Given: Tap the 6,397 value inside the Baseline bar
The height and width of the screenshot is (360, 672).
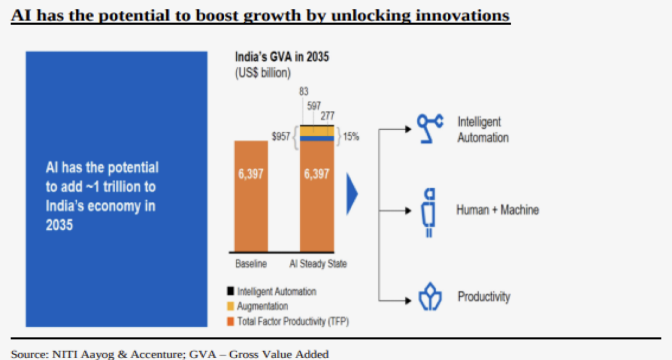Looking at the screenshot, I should (251, 174).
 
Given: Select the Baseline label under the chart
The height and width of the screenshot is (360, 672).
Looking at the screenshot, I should (251, 264).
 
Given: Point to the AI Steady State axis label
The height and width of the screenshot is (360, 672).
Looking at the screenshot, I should (318, 264).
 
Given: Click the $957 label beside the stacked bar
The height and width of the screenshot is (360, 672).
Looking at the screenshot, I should (280, 137).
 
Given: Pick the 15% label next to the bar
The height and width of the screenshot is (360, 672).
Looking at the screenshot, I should (351, 137).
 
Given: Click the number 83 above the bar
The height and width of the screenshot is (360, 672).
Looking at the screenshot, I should (304, 91).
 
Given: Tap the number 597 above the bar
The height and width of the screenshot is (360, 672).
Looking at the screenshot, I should (314, 106).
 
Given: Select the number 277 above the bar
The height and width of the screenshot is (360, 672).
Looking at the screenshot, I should (327, 116).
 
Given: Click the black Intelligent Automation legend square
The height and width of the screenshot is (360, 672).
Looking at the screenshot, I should (230, 292).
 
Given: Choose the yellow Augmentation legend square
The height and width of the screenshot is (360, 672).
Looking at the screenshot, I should (230, 307).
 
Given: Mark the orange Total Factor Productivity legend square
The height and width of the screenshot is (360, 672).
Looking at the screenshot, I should (230, 321).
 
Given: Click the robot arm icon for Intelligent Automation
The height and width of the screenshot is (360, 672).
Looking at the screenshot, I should (430, 129).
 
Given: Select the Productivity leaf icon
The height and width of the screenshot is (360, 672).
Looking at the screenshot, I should (429, 298).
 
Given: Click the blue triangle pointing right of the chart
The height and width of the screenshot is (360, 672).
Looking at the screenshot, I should (352, 193).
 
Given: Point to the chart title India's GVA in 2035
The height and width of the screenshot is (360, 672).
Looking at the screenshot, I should (282, 57).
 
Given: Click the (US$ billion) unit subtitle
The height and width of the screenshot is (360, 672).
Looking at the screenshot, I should (263, 73).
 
